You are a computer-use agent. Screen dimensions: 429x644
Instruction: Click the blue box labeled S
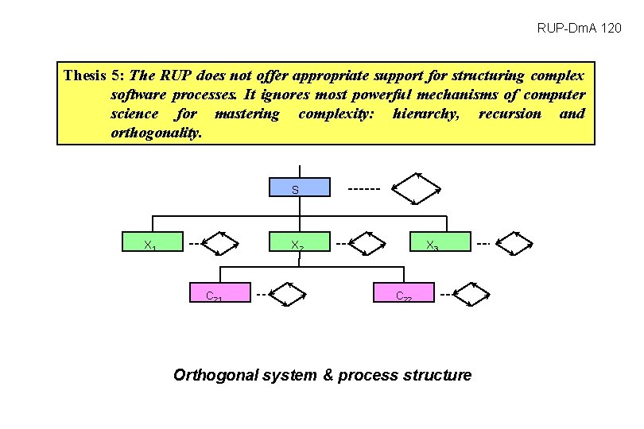point(298,188)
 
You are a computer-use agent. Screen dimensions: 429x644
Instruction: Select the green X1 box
point(153,243)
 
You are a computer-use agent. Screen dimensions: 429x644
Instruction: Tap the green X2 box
point(298,243)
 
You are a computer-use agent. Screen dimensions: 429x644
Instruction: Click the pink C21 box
point(219,293)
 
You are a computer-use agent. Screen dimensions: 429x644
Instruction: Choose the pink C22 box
point(404,293)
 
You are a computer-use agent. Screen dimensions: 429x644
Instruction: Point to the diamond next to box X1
point(220,244)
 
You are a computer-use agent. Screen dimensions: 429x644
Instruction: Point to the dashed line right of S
point(364,189)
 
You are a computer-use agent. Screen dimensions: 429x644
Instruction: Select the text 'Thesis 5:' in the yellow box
point(94,76)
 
